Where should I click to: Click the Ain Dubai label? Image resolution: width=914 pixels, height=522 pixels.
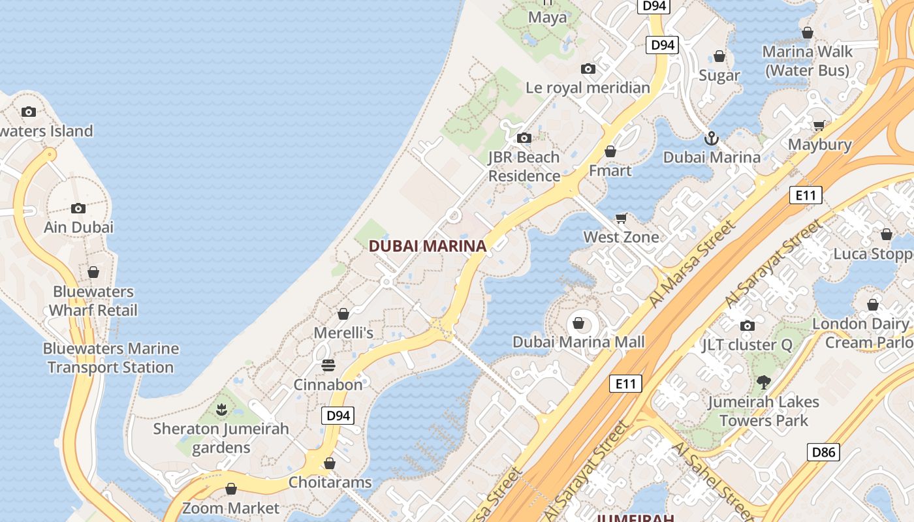(x=78, y=227)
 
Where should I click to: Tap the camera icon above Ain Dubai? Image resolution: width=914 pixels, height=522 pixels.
(x=78, y=208)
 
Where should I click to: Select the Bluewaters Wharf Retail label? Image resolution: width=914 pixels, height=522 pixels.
(x=93, y=301)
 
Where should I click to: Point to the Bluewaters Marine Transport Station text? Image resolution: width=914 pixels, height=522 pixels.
(x=111, y=358)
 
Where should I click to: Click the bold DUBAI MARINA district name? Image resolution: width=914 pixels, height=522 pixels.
(x=428, y=246)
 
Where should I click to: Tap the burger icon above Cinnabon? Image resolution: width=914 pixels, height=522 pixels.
(x=328, y=365)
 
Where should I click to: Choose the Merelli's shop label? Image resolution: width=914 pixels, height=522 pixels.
(x=343, y=333)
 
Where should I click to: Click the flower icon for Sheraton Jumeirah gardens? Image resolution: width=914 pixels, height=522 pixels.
(x=221, y=410)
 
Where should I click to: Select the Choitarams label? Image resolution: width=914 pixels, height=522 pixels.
(x=330, y=482)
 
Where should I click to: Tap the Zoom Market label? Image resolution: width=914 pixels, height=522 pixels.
(x=230, y=508)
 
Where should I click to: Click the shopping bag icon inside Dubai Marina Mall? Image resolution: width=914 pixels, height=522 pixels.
(x=578, y=322)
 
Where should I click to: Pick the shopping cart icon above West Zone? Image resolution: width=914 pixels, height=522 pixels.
(x=622, y=218)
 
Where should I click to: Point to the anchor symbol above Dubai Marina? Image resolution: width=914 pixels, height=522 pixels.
(x=712, y=138)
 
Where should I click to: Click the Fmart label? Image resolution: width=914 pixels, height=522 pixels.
(x=610, y=170)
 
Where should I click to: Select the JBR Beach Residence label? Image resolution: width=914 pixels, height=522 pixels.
(x=524, y=166)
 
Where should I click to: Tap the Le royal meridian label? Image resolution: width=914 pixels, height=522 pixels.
(x=588, y=87)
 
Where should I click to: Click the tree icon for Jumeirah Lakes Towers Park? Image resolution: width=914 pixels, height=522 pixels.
(x=763, y=382)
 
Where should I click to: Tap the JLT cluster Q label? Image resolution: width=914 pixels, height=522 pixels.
(x=748, y=345)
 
